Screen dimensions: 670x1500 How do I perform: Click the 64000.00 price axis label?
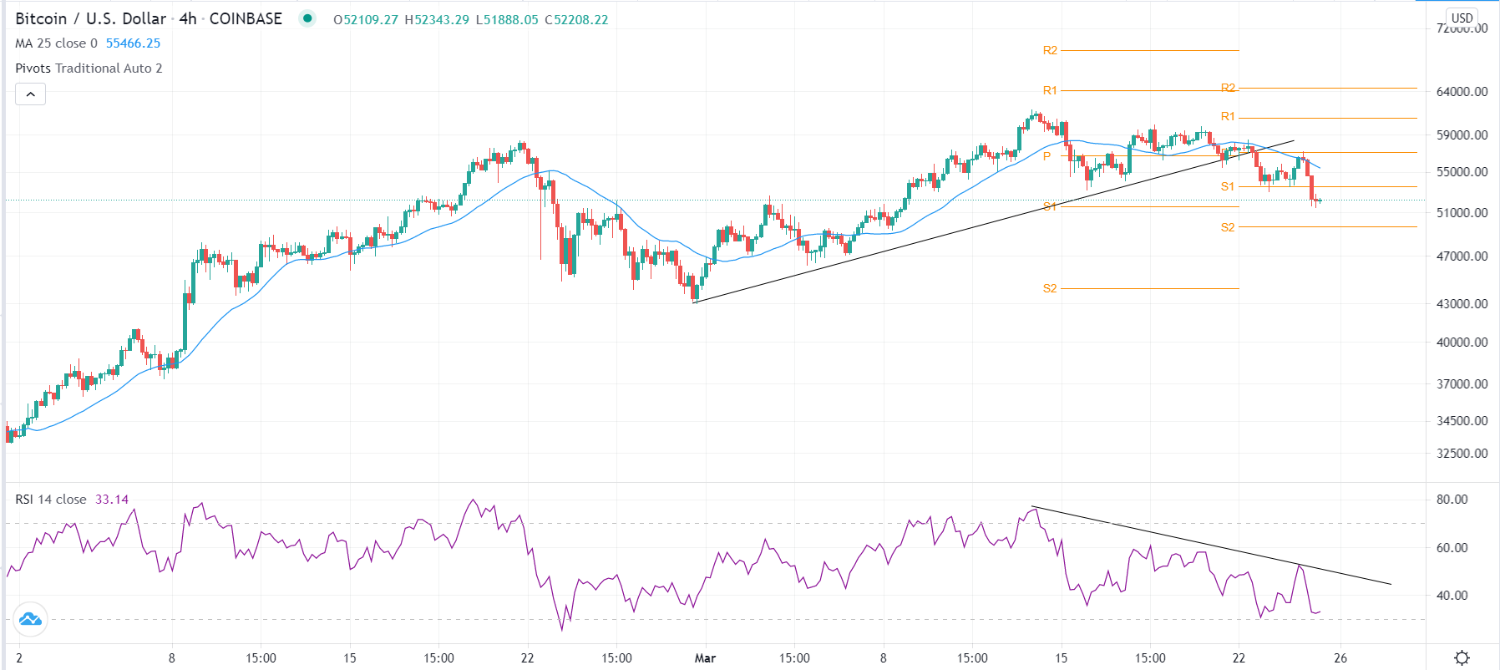tap(1462, 92)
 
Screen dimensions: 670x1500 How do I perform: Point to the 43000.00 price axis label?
tap(1462, 304)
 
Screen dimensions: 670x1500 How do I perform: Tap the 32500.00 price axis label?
tap(1462, 454)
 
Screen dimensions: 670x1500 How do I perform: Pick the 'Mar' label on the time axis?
tap(705, 658)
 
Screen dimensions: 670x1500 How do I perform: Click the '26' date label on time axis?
tap(1340, 658)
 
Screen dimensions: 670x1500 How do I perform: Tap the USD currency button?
tap(1462, 18)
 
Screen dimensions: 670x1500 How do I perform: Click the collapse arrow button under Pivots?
tap(30, 94)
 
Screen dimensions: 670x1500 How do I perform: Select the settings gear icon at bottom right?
tap(1462, 658)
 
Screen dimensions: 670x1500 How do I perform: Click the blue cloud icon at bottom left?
tap(30, 619)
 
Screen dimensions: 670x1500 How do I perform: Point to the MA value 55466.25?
tap(133, 43)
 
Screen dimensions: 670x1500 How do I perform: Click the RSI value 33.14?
tap(112, 500)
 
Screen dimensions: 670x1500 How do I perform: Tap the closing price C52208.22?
tap(576, 19)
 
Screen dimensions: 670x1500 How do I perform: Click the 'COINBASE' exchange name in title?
tap(246, 18)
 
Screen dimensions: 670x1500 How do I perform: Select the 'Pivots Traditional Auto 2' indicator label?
tap(89, 69)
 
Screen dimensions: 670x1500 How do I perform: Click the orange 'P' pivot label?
tap(1046, 156)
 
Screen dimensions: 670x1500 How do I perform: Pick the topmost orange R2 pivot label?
tap(1050, 50)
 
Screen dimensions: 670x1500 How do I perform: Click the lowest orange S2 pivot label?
tap(1050, 288)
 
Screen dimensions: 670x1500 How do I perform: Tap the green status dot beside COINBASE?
tap(307, 18)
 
